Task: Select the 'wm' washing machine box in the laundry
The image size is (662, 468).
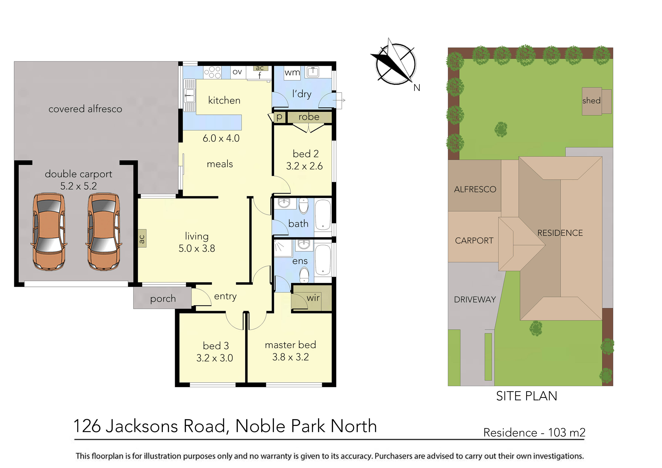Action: [x=292, y=73]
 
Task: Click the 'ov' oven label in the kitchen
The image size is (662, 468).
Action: [x=237, y=72]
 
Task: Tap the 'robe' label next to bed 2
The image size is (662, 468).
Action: [x=309, y=117]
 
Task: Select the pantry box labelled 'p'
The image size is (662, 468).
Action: [x=279, y=117]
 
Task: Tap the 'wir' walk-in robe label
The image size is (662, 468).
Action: [x=313, y=298]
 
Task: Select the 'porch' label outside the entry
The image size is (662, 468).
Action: [x=163, y=299]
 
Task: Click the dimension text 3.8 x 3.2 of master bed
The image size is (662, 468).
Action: [x=290, y=357]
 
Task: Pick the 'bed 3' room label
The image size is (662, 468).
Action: [x=216, y=346]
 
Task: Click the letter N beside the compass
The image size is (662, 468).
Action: [x=417, y=88]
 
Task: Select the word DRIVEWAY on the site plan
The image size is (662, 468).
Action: [x=475, y=300]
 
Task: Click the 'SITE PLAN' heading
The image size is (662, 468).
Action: [x=527, y=396]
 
